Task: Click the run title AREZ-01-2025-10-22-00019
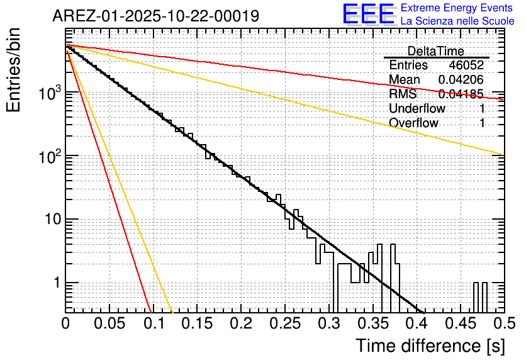(x=155, y=16)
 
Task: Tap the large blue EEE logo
(x=369, y=14)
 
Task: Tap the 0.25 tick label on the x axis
(x=284, y=323)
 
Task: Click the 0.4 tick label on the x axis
(x=416, y=323)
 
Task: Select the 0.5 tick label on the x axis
(x=503, y=323)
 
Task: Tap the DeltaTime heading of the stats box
(x=435, y=51)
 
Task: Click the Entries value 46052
(x=466, y=65)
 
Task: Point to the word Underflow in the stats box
(x=417, y=108)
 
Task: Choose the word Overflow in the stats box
(x=413, y=123)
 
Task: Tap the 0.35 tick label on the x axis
(x=372, y=323)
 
